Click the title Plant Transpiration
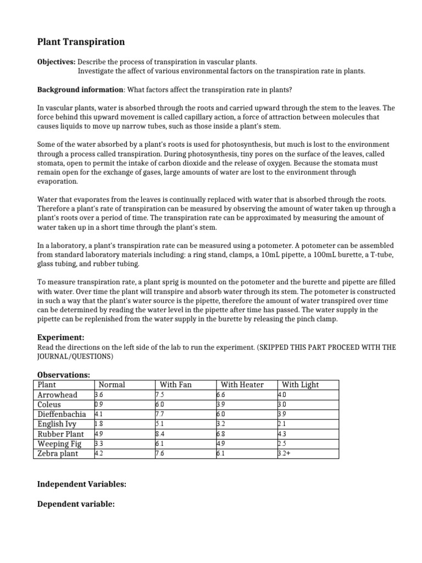coord(81,42)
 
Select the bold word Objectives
coord(56,63)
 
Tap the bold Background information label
coord(80,90)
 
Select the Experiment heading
coord(60,337)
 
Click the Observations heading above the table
coord(63,374)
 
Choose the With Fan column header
coord(175,384)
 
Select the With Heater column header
coord(242,384)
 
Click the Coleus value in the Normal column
coord(99,405)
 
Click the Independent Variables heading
coord(81,484)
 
